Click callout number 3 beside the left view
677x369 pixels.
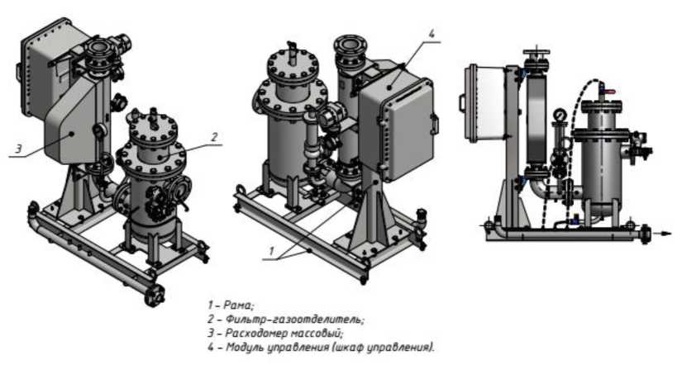coord(18,149)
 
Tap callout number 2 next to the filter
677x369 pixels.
coord(214,138)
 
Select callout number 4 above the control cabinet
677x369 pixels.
coord(431,33)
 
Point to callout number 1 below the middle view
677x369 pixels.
coord(272,251)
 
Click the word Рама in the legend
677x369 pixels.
coord(238,305)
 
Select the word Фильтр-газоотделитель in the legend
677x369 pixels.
coord(294,319)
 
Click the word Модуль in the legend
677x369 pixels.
coord(243,348)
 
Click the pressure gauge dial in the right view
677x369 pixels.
coord(560,115)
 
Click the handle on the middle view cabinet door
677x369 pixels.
coord(435,125)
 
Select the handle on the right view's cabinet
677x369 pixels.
coord(461,102)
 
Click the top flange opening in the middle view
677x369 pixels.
coord(351,44)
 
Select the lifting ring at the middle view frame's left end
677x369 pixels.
coord(241,189)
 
